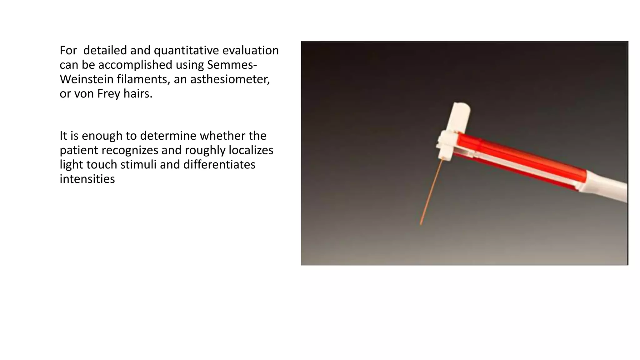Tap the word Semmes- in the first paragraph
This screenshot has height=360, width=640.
232,65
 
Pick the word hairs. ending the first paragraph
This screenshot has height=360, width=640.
138,94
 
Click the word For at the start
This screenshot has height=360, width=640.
68,51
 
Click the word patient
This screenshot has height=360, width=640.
79,150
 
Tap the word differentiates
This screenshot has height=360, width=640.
219,165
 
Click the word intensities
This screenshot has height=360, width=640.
87,179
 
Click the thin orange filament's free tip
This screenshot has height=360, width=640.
421,224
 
